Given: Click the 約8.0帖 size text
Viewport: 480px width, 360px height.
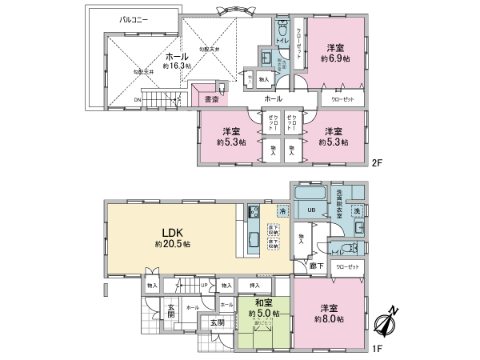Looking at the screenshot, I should click(330, 318).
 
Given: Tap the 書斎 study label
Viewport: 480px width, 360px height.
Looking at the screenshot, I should click(211, 99).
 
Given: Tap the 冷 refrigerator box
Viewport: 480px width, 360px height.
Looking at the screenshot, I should click(282, 210).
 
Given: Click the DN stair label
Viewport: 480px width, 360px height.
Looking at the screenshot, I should click(137, 99).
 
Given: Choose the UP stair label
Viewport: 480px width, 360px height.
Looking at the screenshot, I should click(204, 285).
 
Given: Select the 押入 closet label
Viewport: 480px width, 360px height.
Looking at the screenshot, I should click(254, 285).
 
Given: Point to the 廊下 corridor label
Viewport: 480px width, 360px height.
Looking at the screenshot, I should click(317, 265).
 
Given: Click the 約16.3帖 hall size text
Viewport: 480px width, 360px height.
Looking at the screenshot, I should click(177, 67).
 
